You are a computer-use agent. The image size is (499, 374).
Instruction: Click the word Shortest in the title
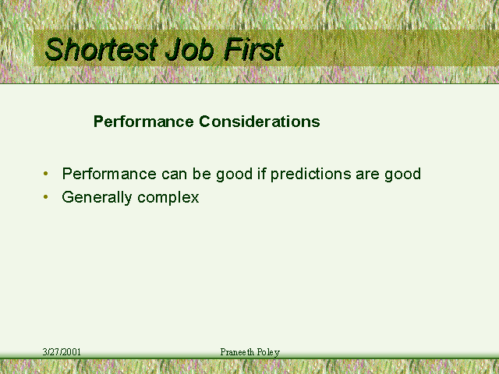101,49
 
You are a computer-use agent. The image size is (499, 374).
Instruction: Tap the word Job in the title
189,49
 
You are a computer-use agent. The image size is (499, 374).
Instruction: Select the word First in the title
253,49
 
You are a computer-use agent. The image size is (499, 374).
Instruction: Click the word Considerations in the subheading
260,122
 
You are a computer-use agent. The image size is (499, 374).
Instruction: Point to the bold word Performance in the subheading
143,122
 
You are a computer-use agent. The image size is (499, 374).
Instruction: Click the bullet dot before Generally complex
46,197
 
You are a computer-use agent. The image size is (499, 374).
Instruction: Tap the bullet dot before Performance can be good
46,174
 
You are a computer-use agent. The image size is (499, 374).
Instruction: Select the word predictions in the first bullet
310,175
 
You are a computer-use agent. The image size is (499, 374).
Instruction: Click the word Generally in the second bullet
97,198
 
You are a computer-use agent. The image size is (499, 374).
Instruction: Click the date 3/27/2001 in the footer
62,352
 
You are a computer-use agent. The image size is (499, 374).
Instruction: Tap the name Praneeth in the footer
237,352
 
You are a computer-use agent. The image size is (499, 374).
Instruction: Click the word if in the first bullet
262,173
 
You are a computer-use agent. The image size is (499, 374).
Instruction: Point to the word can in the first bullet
174,175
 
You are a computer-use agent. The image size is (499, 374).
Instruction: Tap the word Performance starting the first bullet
109,173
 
